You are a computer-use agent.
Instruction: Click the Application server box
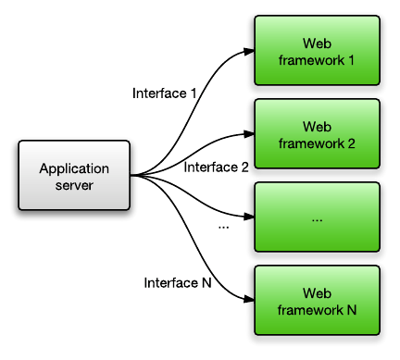click(x=74, y=176)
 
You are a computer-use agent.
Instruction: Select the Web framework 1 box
click(x=317, y=52)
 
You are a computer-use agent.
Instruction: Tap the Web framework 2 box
click(x=317, y=135)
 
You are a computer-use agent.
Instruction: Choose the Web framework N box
click(x=317, y=302)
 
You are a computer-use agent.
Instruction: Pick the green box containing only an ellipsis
click(x=317, y=218)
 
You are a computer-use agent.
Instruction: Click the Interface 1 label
click(x=165, y=93)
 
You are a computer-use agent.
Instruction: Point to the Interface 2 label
click(x=217, y=168)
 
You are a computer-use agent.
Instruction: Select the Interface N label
click(x=178, y=282)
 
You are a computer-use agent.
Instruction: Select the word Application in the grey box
click(x=74, y=168)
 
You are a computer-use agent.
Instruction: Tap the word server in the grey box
click(x=74, y=184)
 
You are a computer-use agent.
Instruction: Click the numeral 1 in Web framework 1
click(x=354, y=60)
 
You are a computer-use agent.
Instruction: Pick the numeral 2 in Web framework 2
click(x=354, y=143)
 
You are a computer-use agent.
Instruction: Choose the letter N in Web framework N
click(x=353, y=310)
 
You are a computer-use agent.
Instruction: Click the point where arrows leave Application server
click(x=132, y=176)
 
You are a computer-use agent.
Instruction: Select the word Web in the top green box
click(x=317, y=44)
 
